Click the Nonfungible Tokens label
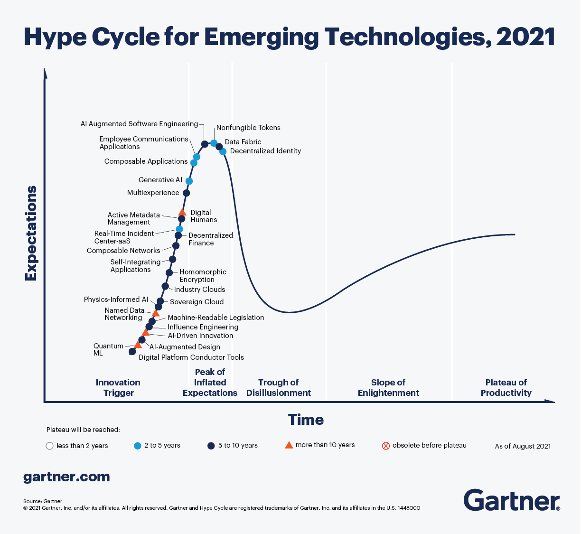248,128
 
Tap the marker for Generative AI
189,181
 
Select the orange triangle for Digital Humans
182,212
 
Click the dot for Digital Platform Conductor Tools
132,352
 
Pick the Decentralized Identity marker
223,151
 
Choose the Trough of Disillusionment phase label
279,387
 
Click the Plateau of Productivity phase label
506,387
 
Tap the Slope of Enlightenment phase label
388,387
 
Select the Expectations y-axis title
31,233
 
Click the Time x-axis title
306,420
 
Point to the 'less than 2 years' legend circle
49,446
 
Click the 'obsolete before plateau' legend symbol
386,446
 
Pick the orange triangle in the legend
289,445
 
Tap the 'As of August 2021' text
523,446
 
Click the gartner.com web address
66,477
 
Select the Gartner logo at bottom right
511,500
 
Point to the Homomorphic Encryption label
203,276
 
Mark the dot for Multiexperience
186,193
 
